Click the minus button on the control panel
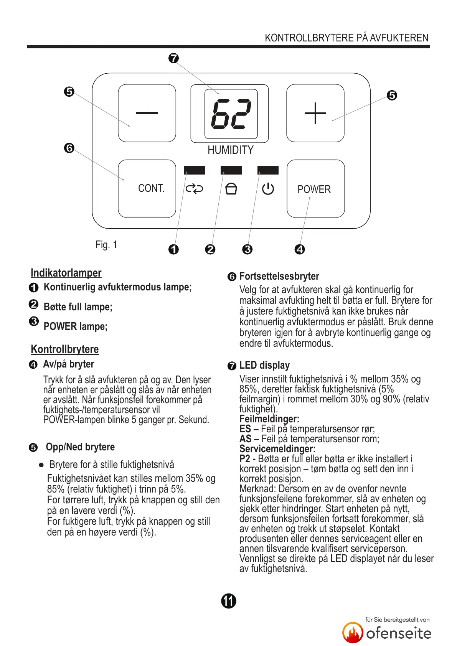[147, 113]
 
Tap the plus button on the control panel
[315, 113]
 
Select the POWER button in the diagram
[315, 189]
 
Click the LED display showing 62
[231, 114]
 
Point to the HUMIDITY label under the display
[231, 150]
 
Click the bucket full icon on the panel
[231, 189]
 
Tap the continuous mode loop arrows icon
[194, 189]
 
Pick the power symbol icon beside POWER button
[268, 189]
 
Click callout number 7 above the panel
[173, 58]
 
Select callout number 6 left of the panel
[69, 148]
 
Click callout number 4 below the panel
[300, 249]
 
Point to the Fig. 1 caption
[106, 245]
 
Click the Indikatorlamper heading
[66, 273]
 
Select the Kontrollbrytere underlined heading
[65, 349]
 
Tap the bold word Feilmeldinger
[269, 419]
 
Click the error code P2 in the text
[245, 459]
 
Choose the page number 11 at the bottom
[229, 601]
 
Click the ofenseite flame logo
[353, 633]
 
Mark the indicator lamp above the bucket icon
[231, 170]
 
